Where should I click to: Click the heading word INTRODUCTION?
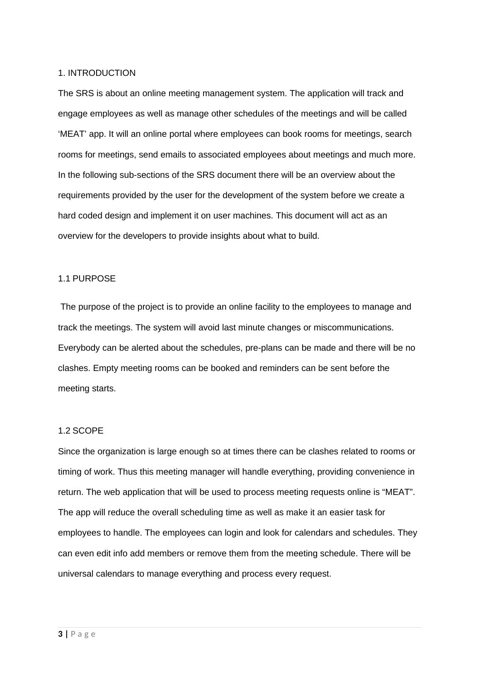(x=102, y=73)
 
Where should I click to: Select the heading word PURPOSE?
(x=94, y=279)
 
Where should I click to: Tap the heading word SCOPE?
(x=88, y=431)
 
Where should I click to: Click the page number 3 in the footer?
(x=61, y=634)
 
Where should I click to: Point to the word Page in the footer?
(x=83, y=634)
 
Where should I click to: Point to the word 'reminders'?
(x=279, y=368)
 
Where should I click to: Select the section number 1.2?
(x=64, y=431)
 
